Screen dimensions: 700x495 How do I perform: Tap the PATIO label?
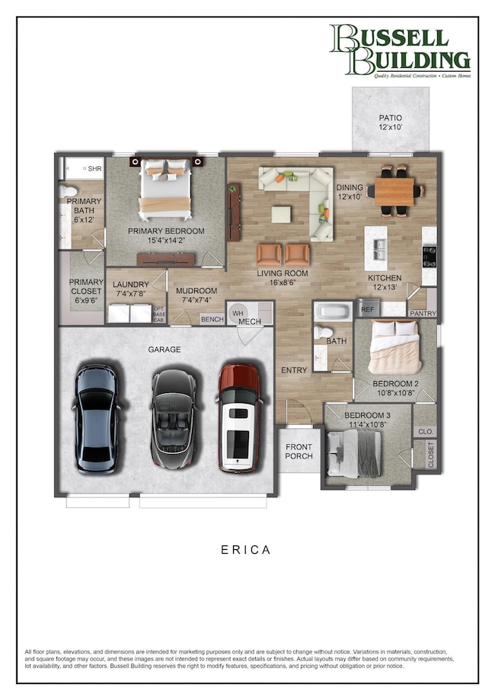click(x=390, y=123)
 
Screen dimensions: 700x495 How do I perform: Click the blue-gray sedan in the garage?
click(x=98, y=418)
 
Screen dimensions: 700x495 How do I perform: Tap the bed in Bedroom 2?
click(x=394, y=347)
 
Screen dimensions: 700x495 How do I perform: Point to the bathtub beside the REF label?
click(x=334, y=311)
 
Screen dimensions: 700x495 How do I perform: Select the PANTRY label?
click(x=422, y=313)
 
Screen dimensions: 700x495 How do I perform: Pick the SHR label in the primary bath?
click(x=95, y=168)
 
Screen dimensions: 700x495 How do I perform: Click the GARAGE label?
click(x=164, y=349)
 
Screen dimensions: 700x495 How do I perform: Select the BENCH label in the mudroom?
click(x=212, y=319)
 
